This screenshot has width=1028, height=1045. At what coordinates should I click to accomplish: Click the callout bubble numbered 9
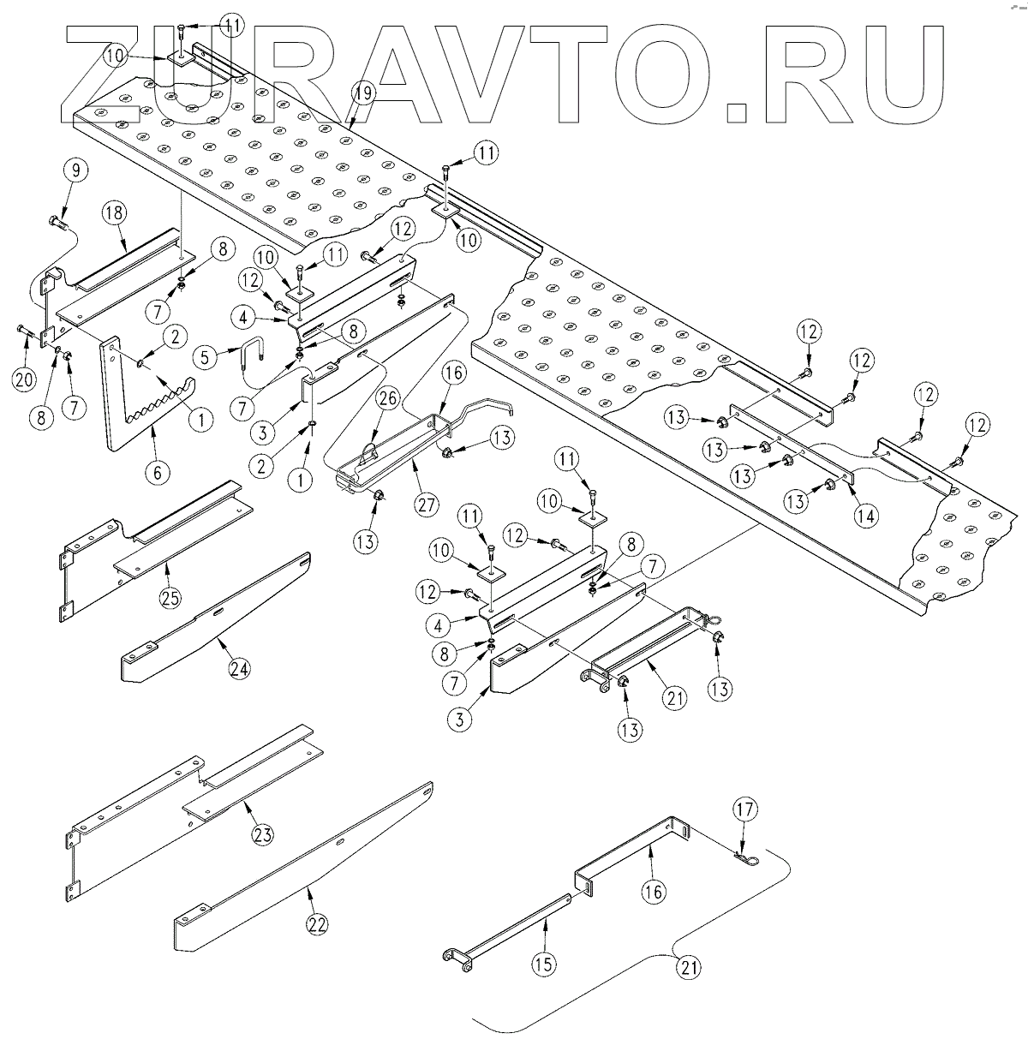75,171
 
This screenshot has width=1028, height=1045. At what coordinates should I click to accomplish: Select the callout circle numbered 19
362,96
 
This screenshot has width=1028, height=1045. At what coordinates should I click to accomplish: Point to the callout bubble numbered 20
25,377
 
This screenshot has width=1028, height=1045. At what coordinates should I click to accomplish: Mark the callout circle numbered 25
170,598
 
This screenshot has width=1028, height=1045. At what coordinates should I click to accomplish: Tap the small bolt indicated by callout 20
21,330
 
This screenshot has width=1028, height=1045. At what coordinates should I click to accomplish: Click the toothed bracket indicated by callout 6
128,403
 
